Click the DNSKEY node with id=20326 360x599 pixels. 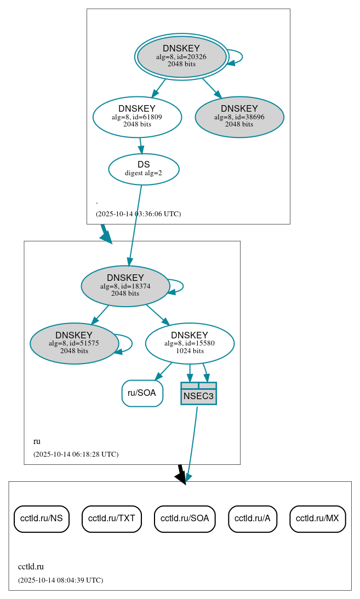tap(181, 56)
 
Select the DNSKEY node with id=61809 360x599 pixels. tap(137, 117)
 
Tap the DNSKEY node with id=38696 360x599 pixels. tap(239, 117)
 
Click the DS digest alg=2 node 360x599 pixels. tap(144, 169)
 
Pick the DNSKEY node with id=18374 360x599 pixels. tap(125, 286)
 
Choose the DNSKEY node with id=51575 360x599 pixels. tap(75, 343)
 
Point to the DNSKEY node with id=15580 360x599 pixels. tap(190, 343)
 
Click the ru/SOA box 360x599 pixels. tap(142, 393)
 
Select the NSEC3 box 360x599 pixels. tap(198, 394)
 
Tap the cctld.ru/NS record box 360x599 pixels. tap(42, 519)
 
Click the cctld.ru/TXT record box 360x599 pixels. tap(112, 519)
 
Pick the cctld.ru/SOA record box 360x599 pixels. tap(185, 519)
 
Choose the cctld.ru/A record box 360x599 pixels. tap(253, 519)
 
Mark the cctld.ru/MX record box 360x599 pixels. tap(317, 519)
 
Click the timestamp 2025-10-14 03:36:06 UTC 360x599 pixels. tap(138, 214)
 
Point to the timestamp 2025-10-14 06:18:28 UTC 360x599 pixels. tap(76, 454)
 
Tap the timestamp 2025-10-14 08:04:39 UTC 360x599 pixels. tap(60, 580)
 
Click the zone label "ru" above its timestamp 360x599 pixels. tap(37, 441)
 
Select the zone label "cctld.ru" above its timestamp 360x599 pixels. tap(31, 567)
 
